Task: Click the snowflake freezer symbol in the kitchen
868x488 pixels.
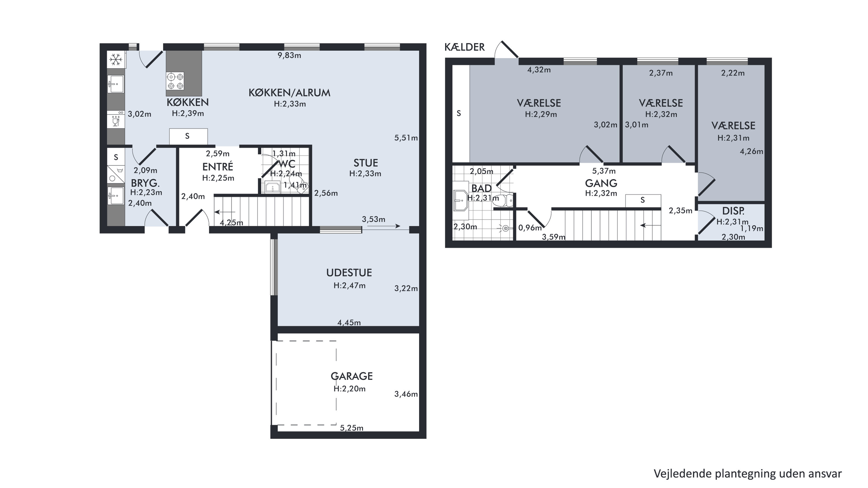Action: (x=116, y=60)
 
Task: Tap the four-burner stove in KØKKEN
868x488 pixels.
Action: (x=175, y=81)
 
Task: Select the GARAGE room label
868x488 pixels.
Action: (x=352, y=376)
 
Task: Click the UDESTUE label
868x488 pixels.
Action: (x=349, y=273)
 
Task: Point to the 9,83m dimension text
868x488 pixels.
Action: (x=289, y=55)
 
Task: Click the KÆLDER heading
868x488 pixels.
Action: (x=465, y=47)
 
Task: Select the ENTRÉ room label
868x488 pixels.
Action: (x=218, y=167)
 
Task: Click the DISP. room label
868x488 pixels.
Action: (x=733, y=211)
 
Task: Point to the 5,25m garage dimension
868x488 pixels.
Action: (x=351, y=428)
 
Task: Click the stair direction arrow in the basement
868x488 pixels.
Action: (x=647, y=225)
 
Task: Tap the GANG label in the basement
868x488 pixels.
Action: (x=601, y=183)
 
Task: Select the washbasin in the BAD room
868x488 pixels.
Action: (x=460, y=200)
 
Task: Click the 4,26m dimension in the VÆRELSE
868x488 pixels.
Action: (x=751, y=151)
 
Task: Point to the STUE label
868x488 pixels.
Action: (x=366, y=163)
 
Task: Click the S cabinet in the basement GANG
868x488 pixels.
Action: (x=643, y=201)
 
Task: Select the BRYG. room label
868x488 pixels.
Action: (x=145, y=183)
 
